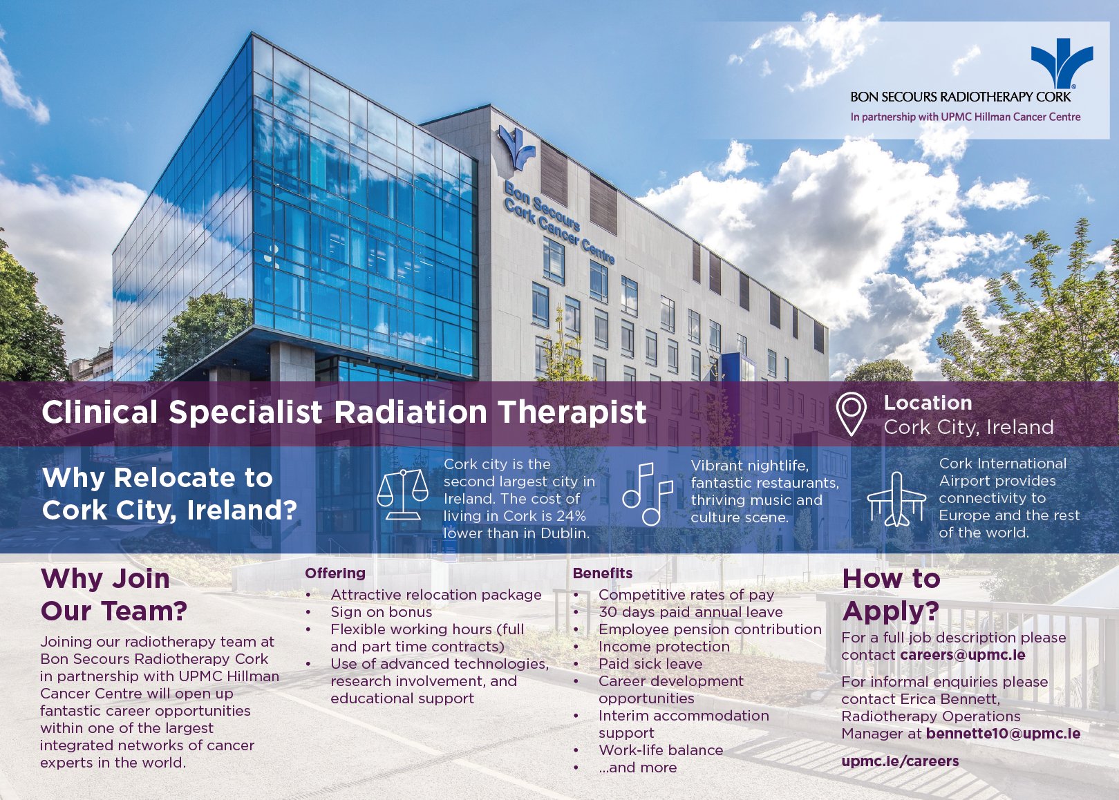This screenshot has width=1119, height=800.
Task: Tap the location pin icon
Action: (x=851, y=414)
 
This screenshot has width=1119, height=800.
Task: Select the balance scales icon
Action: (x=402, y=494)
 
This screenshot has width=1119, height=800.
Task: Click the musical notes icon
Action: (x=648, y=494)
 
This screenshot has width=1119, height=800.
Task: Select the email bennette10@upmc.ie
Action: (x=1003, y=734)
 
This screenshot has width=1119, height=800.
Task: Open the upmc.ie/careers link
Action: (x=900, y=761)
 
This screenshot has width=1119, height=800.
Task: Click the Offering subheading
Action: (x=335, y=573)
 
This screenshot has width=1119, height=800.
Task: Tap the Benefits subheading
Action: (x=603, y=573)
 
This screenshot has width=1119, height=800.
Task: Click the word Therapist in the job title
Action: (x=572, y=412)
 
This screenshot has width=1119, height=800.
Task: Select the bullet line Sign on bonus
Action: (x=381, y=612)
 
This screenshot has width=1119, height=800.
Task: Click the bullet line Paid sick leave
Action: (x=650, y=664)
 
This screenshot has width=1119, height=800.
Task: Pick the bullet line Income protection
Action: (x=664, y=647)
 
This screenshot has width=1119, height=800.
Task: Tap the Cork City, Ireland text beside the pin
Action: (x=968, y=428)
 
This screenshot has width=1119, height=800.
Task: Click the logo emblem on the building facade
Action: (x=517, y=146)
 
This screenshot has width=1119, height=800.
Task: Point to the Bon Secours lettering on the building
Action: (x=543, y=204)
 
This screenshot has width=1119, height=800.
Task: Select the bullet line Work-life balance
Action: (x=660, y=750)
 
